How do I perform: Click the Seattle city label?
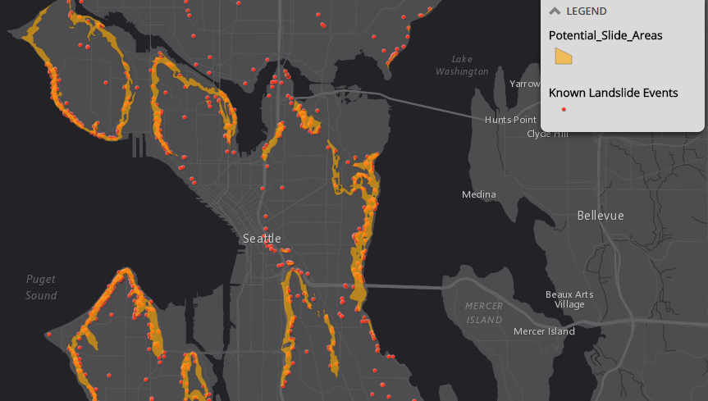(x=262, y=239)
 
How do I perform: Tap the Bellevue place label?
(x=601, y=216)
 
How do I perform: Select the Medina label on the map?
(x=479, y=194)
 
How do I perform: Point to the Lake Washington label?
(x=462, y=66)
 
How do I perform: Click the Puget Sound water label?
(x=41, y=287)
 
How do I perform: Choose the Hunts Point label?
(x=509, y=120)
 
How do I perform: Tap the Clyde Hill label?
(x=546, y=134)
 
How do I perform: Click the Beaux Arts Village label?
(x=569, y=299)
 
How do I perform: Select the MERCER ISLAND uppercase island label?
(x=483, y=313)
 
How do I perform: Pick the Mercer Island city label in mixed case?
(x=544, y=331)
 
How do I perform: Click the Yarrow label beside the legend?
(x=525, y=84)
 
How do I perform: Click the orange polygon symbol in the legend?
(x=564, y=56)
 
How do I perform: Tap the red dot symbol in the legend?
(x=563, y=110)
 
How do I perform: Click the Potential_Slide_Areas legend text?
(x=605, y=35)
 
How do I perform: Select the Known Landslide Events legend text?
(x=614, y=93)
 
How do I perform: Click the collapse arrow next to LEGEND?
(x=555, y=11)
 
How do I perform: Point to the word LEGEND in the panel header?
(x=587, y=11)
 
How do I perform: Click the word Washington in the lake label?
(x=462, y=71)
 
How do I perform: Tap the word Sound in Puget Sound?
(x=41, y=295)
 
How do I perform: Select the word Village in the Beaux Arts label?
(x=569, y=304)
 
